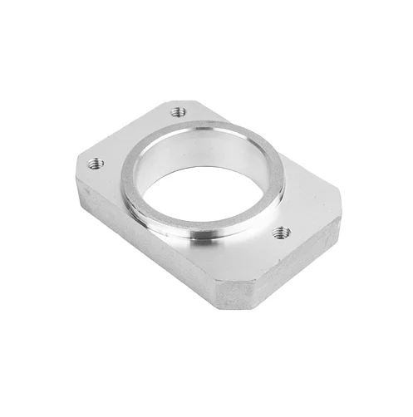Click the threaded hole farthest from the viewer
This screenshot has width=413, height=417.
click(176, 111)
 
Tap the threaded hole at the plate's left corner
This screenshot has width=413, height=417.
click(96, 164)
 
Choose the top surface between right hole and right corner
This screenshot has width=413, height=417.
click(312, 218)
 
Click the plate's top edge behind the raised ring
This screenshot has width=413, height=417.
click(266, 141)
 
